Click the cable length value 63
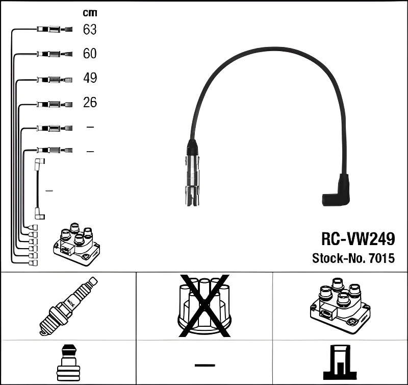90,30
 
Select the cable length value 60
90,54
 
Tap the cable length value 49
90,78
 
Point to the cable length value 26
90,103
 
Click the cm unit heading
90,13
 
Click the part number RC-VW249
358,238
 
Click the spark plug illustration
67,306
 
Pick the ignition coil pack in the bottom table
340,304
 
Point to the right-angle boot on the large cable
337,191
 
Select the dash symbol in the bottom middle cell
205,365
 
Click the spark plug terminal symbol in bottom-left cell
68,362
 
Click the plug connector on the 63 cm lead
54,30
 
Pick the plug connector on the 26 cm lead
54,104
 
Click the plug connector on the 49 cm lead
54,79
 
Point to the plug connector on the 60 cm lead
54,54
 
